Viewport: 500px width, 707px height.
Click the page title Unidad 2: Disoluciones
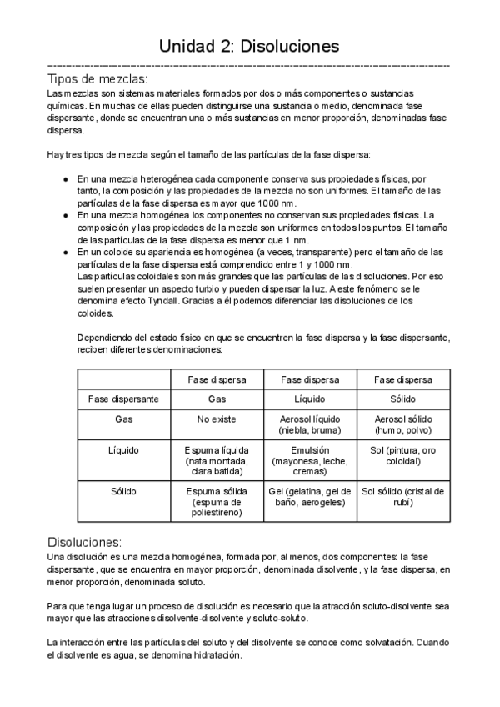point(249,46)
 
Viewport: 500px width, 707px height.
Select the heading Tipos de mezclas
point(98,79)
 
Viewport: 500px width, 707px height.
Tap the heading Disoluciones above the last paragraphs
point(85,541)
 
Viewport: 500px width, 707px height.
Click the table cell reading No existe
point(216,419)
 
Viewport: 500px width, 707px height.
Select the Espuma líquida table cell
point(216,460)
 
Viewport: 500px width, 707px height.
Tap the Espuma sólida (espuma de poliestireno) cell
point(216,502)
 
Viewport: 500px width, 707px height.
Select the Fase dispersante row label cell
point(123,399)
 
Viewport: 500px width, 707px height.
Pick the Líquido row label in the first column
point(123,450)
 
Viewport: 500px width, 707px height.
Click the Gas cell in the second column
point(216,399)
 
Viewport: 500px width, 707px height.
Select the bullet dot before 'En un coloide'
point(67,251)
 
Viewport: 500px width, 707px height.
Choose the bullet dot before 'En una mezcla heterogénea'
point(67,179)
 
